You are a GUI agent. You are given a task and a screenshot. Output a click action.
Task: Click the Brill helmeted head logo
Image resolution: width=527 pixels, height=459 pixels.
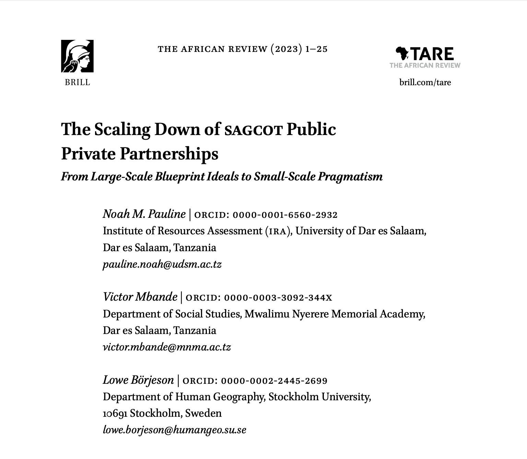pos(77,56)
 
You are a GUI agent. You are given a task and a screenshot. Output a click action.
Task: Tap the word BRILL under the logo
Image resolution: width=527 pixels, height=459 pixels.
pos(78,82)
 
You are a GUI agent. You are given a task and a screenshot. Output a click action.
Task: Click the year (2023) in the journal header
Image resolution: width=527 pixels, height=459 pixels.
pos(286,49)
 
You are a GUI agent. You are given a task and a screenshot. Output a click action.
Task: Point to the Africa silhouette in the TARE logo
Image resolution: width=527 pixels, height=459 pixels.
pos(402,54)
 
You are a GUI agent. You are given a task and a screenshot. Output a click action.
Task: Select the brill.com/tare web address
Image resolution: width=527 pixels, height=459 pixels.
pos(425,82)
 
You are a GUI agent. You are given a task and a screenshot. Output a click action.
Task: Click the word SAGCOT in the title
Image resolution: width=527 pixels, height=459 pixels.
pos(254,130)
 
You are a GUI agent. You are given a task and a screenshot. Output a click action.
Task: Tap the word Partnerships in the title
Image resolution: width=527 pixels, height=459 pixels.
pos(169,154)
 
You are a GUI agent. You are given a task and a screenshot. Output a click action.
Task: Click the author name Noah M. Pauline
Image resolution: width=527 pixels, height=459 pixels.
pos(144,214)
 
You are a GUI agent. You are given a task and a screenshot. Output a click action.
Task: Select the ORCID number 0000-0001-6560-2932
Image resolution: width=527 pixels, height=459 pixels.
pos(285,215)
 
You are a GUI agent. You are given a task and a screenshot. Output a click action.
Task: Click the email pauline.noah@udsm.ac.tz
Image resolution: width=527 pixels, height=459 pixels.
pos(162,265)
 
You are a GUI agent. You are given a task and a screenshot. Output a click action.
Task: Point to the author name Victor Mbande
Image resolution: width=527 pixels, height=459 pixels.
pos(140,297)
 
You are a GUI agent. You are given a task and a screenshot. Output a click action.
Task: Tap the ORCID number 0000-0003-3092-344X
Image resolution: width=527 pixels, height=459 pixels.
pos(278,298)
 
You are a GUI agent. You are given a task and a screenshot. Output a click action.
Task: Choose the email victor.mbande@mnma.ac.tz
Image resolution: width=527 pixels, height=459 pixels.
pos(167,347)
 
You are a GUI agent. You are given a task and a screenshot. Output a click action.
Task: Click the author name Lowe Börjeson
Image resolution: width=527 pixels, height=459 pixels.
pos(138,380)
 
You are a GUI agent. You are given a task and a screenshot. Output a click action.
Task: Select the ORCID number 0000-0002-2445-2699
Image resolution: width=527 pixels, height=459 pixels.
pos(274,381)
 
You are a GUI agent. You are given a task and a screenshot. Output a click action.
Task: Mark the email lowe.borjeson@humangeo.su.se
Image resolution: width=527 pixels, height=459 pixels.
pos(175,430)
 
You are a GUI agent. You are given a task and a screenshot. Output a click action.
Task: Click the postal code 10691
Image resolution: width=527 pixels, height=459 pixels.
pos(115,413)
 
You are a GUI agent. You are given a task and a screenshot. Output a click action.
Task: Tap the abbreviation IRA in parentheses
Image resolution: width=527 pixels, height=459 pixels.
pos(278,232)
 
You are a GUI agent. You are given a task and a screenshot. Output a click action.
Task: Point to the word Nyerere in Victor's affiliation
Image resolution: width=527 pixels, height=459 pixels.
pos(311,314)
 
